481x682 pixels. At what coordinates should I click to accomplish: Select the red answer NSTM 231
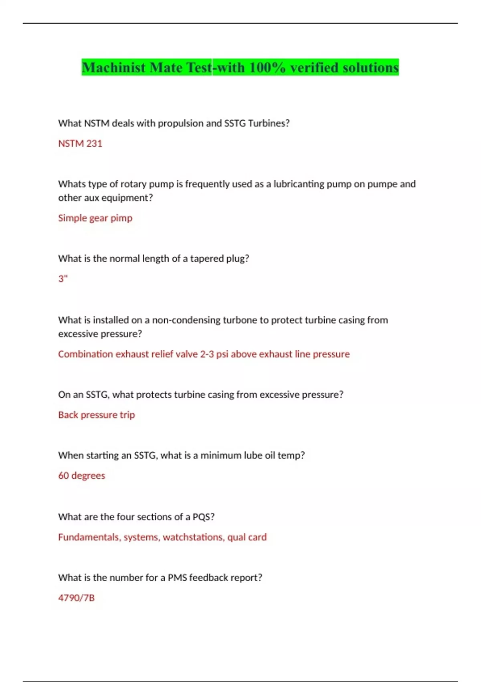coord(80,144)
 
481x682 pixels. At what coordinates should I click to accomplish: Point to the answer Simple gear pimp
coord(95,218)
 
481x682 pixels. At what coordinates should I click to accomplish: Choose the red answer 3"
coord(63,279)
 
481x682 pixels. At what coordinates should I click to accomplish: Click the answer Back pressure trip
coord(96,415)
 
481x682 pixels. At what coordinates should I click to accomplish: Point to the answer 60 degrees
coord(81,476)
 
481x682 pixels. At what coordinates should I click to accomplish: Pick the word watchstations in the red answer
coord(193,537)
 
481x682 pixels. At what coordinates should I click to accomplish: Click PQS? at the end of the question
coord(203,517)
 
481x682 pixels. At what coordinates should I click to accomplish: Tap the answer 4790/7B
coord(76,598)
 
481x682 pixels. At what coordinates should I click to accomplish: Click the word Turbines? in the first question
coord(269,124)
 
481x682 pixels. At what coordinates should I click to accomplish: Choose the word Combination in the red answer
coord(85,354)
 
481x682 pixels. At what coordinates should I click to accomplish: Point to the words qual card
coord(247,537)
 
